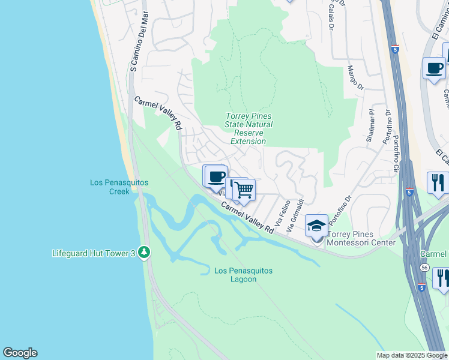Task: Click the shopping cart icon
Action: click(x=244, y=190)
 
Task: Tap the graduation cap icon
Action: click(x=316, y=226)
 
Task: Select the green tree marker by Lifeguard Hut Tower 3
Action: click(x=143, y=252)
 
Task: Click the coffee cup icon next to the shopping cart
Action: click(x=216, y=177)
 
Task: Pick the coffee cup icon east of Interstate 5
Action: click(x=433, y=68)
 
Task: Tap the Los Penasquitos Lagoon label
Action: click(x=244, y=275)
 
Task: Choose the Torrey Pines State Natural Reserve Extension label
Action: click(x=249, y=128)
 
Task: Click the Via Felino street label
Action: click(x=285, y=216)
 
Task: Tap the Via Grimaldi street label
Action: click(x=295, y=217)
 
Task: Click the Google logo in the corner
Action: click(x=20, y=353)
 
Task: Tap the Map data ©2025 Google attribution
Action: click(x=411, y=355)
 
